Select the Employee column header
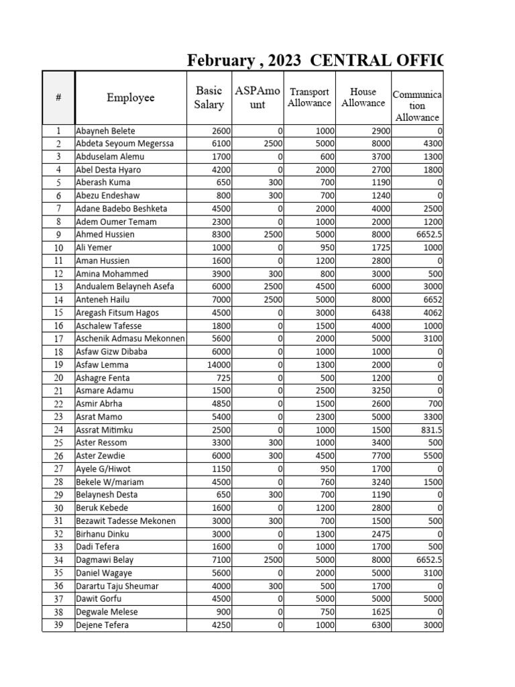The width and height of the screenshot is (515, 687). point(130,98)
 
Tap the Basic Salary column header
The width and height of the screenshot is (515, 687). point(209,97)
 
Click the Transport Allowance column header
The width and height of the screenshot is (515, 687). point(309,97)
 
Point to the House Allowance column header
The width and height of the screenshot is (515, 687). point(363,97)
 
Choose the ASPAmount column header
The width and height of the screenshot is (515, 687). point(258,97)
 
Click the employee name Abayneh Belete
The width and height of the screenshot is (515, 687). point(105,131)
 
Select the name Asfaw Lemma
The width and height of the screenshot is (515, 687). point(102,365)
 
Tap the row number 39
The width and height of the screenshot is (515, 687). point(58,625)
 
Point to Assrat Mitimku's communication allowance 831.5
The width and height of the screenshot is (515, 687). point(428,430)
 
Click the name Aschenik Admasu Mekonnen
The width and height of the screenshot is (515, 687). point(130,339)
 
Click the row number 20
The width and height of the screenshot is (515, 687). point(58,378)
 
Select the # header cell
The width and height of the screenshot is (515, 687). point(58,98)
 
